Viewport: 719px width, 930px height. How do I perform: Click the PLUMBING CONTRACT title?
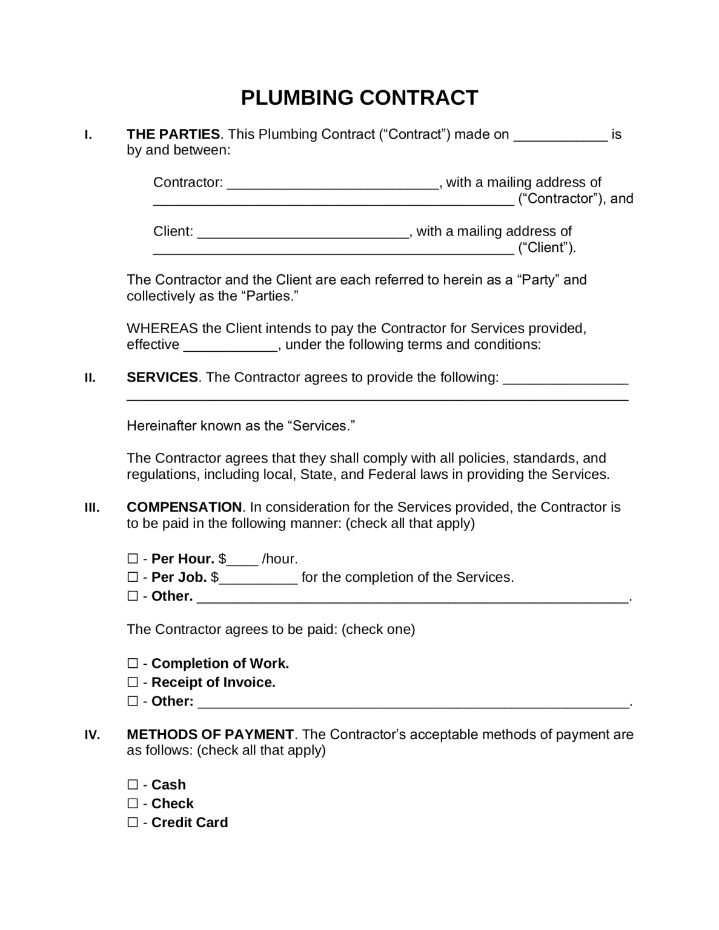coord(359,97)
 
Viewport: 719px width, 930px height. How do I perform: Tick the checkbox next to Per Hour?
coord(133,559)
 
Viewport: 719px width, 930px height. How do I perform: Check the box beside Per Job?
coord(133,578)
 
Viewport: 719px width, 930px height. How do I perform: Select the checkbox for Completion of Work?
coord(133,664)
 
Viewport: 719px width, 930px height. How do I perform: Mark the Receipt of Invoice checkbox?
coord(133,682)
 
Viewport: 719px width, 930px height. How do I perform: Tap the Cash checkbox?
coord(133,785)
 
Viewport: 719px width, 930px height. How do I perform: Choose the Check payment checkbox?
coord(133,803)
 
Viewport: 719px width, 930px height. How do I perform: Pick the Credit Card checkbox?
coord(133,822)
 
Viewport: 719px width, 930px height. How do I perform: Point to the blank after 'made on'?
coord(560,136)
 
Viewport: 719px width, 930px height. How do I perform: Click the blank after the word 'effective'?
coord(230,346)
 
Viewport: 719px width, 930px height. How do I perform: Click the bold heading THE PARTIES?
coord(173,134)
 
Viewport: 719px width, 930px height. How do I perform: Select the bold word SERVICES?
coord(162,377)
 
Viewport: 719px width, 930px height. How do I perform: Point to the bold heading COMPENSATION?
coord(184,507)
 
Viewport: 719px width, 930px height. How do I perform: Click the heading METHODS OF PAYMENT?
coord(210,734)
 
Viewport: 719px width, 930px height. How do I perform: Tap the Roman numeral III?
coord(92,508)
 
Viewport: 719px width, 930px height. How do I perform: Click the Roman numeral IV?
coord(92,736)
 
